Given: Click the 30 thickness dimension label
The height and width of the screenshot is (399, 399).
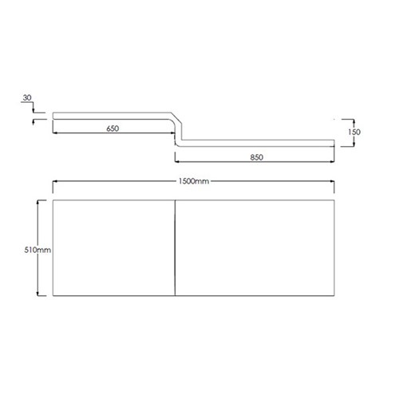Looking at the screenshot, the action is pos(27,97).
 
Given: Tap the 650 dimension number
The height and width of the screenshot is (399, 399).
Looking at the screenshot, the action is pos(113,128).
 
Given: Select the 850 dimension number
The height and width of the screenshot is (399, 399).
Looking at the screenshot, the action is pos(257,157).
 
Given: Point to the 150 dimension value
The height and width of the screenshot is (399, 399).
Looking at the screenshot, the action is pos(354,132).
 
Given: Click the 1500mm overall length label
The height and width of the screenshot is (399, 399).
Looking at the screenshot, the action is pos(194,181).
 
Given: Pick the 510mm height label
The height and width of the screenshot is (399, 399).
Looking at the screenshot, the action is pos(38,250).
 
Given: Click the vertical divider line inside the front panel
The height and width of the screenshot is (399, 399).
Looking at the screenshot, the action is pos(175,247).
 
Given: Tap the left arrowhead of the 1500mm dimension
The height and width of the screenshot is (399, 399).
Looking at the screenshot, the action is pos(55,181).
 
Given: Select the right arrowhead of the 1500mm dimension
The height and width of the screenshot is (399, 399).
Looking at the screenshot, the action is pos(332,181).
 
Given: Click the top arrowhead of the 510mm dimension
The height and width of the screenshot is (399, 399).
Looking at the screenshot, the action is pos(38,202).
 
